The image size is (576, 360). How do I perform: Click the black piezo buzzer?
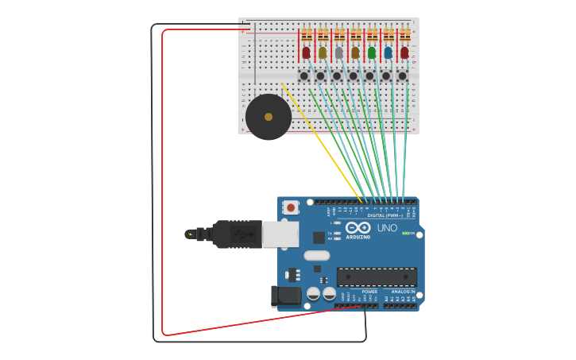tap(268, 117)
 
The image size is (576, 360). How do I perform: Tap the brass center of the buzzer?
tap(269, 117)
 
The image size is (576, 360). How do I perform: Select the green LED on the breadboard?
tap(372, 52)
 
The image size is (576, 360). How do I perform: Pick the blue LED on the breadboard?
tap(388, 52)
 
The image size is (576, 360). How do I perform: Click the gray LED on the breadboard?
tap(339, 52)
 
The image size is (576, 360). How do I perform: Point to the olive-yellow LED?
tap(323, 52)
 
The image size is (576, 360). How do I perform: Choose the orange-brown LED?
tap(355, 52)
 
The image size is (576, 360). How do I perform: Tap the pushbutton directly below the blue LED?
tap(386, 76)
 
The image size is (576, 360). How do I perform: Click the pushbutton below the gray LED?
tap(337, 76)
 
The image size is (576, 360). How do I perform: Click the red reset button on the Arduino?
tap(291, 207)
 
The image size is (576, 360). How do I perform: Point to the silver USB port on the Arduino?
tap(280, 234)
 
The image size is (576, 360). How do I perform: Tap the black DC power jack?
tap(286, 296)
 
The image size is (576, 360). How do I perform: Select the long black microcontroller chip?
tap(377, 277)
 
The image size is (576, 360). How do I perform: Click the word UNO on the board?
tap(387, 228)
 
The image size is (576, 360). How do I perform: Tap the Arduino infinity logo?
tap(358, 227)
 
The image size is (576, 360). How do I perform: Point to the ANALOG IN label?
tap(403, 292)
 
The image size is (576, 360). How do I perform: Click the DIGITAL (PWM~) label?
tap(385, 215)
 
